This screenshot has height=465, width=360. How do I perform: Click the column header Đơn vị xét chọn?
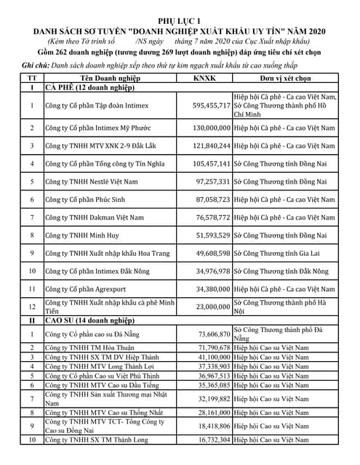(286, 78)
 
